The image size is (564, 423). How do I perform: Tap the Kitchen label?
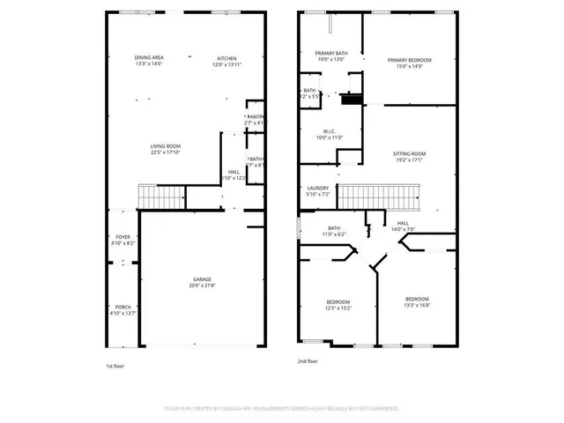tap(227, 58)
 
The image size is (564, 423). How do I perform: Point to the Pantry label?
tap(255, 116)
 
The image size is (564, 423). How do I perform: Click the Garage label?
tap(202, 279)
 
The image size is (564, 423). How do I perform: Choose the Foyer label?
tap(122, 237)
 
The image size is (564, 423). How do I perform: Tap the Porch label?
tap(122, 307)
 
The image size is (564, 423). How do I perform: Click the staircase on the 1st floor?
tap(160, 198)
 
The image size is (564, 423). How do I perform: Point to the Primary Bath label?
tap(331, 53)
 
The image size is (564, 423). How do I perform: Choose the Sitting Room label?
tap(410, 153)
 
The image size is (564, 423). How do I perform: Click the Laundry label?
tap(317, 188)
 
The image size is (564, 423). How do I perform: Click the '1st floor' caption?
tap(115, 366)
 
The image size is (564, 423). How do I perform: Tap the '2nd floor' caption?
tap(308, 360)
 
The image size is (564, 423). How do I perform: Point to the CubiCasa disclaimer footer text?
tap(281, 409)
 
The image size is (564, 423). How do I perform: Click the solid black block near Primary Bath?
tap(352, 99)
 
